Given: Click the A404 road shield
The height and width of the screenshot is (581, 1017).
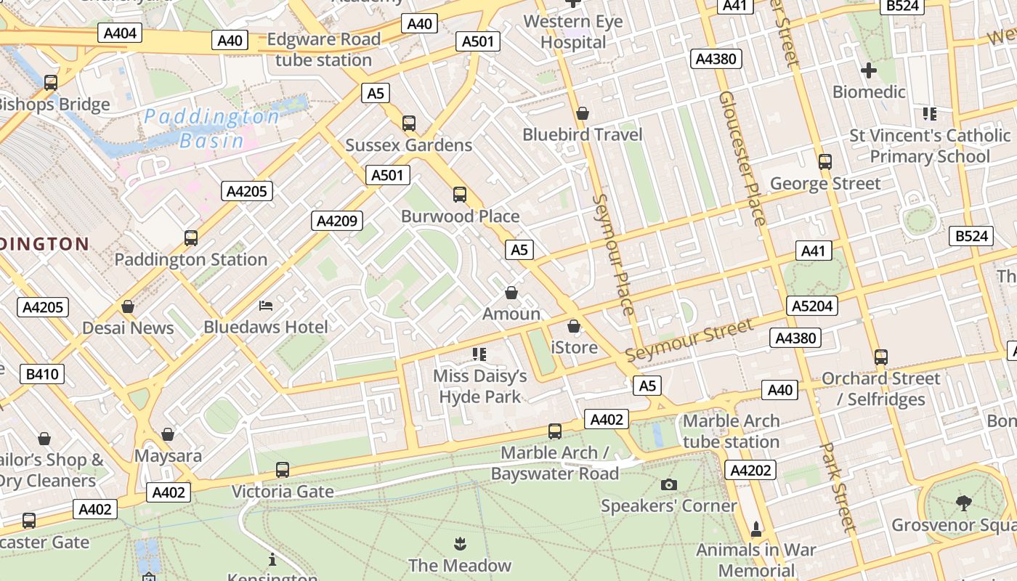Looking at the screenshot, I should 120,33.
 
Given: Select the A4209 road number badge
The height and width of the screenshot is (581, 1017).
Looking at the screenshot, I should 337,221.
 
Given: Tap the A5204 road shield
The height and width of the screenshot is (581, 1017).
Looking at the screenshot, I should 812,306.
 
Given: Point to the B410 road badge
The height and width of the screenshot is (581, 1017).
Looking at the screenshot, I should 43,374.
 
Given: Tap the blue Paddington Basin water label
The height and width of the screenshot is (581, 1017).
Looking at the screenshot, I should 211,128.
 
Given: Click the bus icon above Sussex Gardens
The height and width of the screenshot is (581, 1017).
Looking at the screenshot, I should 409,123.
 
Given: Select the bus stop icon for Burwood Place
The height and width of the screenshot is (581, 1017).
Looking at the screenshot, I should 460,195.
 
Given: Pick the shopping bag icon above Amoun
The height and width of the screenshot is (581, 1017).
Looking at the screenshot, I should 511,293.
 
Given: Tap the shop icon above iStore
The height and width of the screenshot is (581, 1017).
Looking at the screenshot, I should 574,326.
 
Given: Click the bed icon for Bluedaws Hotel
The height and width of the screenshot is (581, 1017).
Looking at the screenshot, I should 266,306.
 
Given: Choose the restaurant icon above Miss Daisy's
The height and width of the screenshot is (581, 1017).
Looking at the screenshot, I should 479,354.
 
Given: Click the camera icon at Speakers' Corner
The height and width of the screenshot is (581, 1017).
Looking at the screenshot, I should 669,484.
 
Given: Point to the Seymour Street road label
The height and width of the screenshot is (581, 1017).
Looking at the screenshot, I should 689,340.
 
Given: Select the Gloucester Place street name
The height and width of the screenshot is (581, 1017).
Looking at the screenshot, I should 742,158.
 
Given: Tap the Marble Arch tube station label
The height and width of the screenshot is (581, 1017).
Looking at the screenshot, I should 731,431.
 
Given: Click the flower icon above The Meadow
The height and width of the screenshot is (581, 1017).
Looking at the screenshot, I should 459,543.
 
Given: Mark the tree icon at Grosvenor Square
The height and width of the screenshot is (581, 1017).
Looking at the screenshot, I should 963,503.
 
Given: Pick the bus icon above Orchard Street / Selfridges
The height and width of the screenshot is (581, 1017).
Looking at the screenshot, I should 881,357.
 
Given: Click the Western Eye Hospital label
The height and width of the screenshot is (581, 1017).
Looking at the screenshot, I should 573,32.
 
